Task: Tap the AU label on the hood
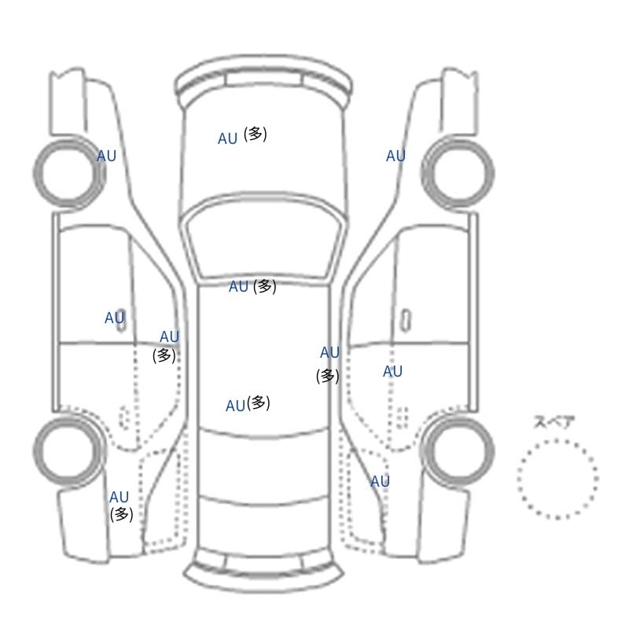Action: pos(228,139)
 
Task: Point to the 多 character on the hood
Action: pos(255,134)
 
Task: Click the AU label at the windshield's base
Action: pos(239,287)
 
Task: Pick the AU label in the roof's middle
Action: pos(235,406)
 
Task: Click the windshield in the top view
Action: pos(264,237)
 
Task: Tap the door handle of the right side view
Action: pos(406,320)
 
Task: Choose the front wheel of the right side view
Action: pos(458,173)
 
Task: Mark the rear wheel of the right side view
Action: pos(458,451)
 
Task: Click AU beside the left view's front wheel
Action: pos(107,156)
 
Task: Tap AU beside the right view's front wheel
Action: pos(396,156)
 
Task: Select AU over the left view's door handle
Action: pos(115,318)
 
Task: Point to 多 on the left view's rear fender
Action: pos(122,514)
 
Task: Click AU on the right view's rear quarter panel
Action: pos(380,481)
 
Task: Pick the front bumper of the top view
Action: pos(264,82)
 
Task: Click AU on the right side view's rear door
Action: pos(392,372)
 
